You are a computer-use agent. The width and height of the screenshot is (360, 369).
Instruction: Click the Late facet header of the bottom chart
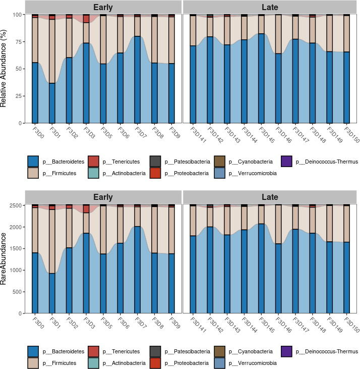coord(270,197)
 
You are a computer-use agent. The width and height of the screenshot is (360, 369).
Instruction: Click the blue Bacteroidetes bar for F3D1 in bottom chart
coord(52,293)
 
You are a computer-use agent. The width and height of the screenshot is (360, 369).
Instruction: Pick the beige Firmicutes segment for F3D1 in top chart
coord(52,51)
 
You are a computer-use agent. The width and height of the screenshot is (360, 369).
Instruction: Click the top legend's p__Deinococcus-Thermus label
coord(326,162)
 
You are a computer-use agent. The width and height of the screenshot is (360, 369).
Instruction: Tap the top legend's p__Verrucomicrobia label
coord(252,174)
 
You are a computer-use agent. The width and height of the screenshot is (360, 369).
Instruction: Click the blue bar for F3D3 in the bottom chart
coord(86,273)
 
